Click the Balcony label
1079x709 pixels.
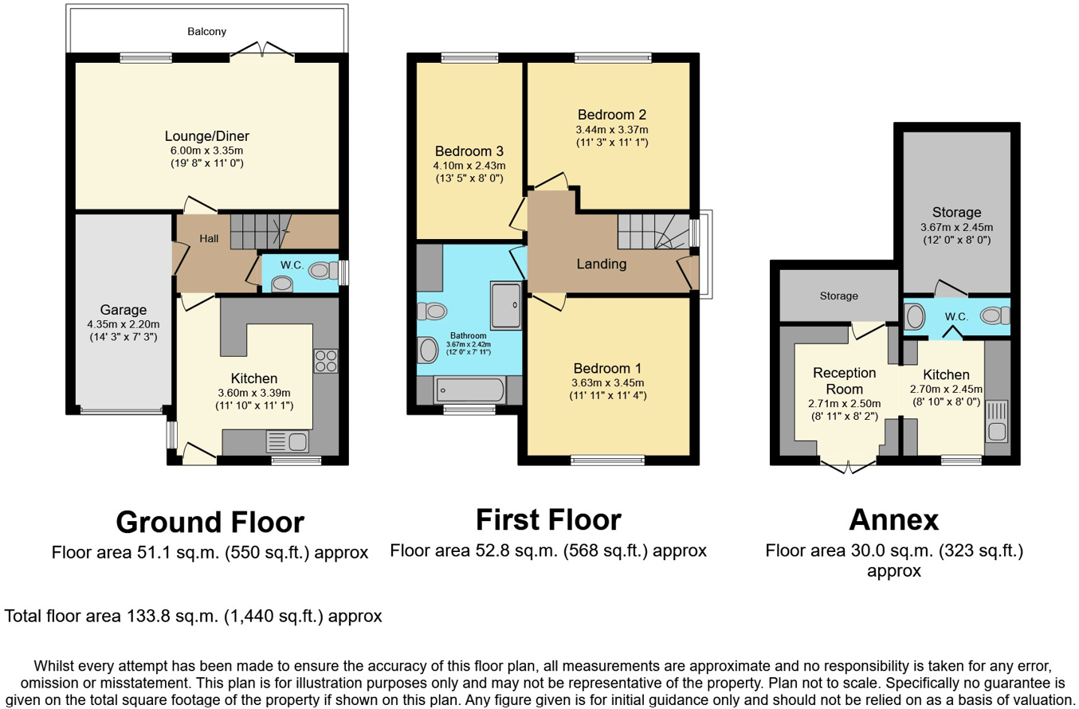point(206,32)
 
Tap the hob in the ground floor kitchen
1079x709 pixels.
point(326,361)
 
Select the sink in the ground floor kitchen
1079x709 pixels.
point(288,441)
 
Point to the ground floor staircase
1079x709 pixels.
point(261,232)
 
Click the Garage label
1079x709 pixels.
point(124,310)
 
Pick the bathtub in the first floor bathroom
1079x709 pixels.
point(469,390)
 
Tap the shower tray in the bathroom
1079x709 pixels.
point(506,306)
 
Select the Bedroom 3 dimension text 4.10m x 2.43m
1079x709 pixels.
point(469,166)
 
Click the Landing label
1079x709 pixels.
point(602,264)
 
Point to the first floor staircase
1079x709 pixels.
point(653,232)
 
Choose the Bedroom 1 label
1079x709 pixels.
point(607,369)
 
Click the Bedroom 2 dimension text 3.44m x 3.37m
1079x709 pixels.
point(612,130)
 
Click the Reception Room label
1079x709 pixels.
point(845,381)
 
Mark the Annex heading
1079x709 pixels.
point(894,520)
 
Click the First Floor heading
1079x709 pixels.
point(548,520)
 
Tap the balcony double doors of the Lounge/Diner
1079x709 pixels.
point(262,53)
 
